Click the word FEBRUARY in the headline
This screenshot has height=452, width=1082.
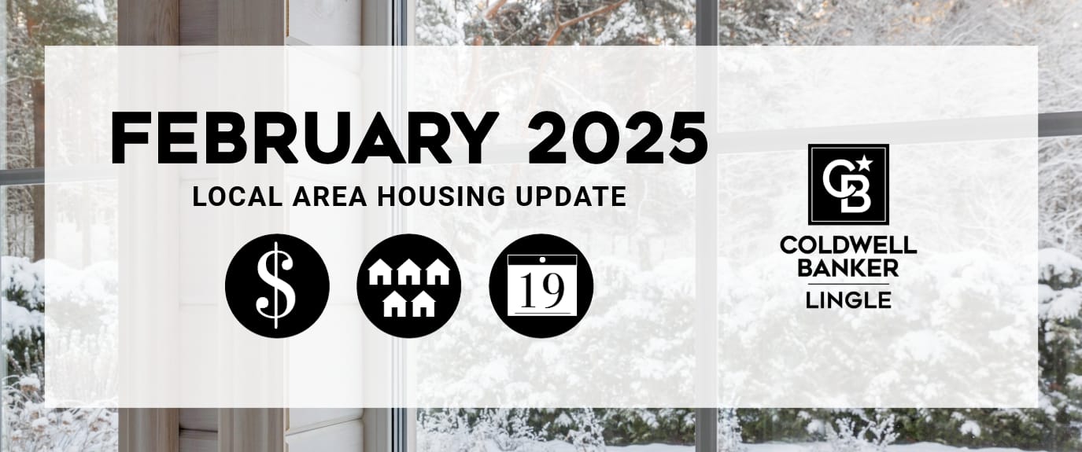click(305, 138)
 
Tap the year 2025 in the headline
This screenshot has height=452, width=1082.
click(618, 138)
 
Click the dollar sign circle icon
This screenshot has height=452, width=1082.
click(277, 285)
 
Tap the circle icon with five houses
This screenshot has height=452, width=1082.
click(408, 285)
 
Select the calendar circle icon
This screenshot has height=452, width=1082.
click(541, 285)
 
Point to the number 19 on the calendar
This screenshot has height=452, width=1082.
click(542, 292)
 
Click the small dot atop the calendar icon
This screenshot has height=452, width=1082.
click(542, 260)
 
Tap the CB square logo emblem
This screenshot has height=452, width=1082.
click(848, 184)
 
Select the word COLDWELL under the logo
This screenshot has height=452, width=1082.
click(848, 245)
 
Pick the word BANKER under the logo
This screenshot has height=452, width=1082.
click(848, 268)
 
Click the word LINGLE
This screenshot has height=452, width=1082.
click(848, 300)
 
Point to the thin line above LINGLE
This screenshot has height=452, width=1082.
click(848, 284)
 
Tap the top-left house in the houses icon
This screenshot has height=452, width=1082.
click(380, 272)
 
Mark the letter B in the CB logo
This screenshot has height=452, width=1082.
click(855, 196)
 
